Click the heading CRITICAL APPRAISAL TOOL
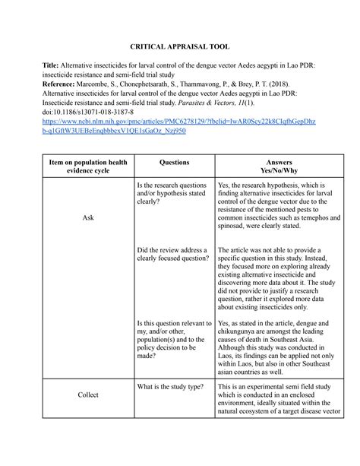click(x=180, y=46)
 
